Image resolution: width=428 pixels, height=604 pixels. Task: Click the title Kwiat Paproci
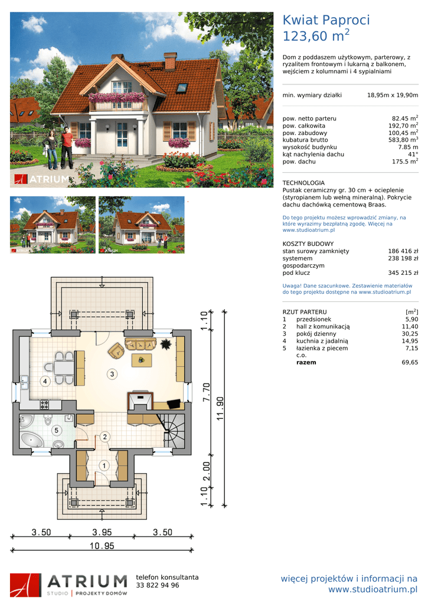326,20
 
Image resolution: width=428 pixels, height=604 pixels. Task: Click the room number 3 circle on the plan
112,373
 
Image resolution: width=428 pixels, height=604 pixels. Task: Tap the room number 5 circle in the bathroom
56,430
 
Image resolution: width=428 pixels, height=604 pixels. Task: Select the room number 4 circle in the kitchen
45,382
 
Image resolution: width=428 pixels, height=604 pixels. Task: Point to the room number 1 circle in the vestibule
104,465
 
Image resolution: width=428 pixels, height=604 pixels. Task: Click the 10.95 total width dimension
102,546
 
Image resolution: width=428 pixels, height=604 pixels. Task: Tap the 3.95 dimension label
102,532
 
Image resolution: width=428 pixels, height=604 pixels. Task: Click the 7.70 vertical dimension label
206,392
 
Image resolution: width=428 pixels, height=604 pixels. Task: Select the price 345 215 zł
403,273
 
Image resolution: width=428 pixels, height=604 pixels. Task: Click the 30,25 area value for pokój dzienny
410,334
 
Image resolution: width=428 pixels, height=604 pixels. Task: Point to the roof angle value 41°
413,154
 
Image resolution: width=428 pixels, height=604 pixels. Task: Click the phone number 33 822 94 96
157,585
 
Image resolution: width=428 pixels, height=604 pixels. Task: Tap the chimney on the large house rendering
170,61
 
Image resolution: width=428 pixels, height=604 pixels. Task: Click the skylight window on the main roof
182,88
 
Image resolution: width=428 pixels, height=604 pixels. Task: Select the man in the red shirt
67,148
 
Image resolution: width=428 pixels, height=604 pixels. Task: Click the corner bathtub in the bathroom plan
31,439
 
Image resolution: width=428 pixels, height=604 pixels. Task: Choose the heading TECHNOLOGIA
303,183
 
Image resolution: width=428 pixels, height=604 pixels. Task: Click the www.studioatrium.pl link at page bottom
373,589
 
